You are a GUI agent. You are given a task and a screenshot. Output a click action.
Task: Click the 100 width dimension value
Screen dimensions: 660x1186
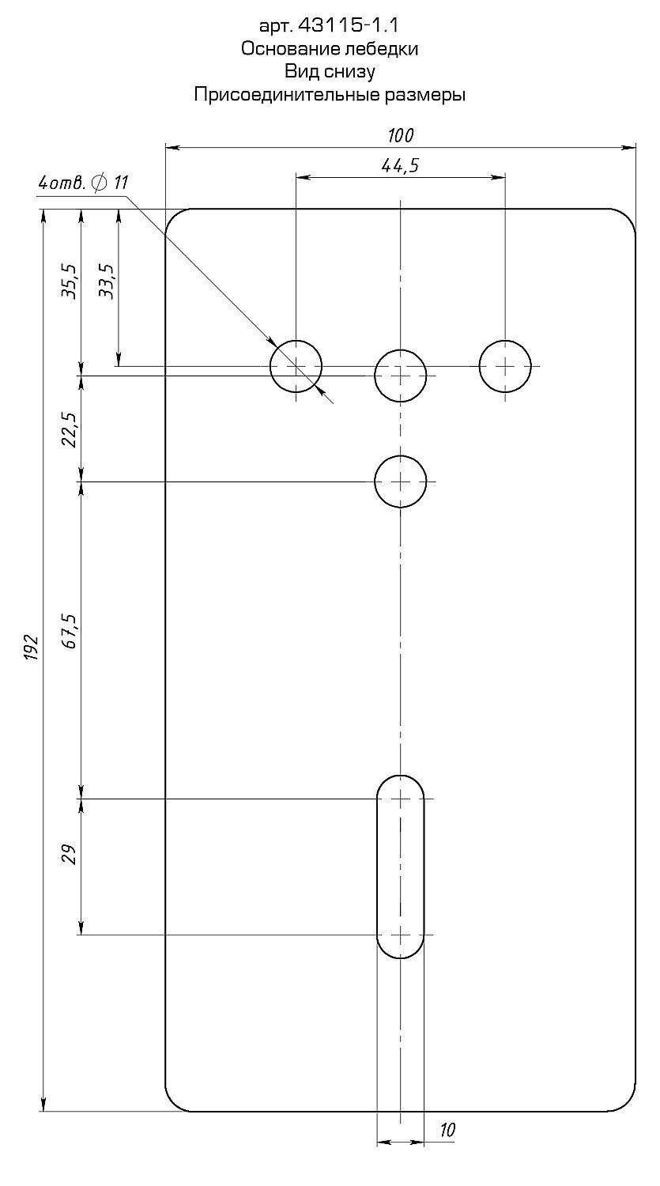click(401, 136)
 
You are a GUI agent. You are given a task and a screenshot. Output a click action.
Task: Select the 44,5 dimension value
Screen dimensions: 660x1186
click(400, 166)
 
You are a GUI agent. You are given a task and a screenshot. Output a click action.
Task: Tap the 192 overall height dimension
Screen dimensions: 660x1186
click(32, 647)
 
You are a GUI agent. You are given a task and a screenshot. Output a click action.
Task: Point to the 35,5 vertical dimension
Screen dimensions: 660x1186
click(70, 281)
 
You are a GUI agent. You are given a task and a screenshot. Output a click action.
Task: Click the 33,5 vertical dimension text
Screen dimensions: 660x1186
click(107, 281)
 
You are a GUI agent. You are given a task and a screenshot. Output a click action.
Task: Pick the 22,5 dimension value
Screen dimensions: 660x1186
click(70, 429)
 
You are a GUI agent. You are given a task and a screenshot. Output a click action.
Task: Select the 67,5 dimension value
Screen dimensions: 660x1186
click(70, 631)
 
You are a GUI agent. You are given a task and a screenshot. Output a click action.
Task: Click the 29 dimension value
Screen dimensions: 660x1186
click(70, 853)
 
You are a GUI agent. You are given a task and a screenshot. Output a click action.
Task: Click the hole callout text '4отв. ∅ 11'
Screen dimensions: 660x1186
click(83, 183)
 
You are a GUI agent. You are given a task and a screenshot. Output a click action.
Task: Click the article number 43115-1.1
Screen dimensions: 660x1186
click(349, 25)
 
